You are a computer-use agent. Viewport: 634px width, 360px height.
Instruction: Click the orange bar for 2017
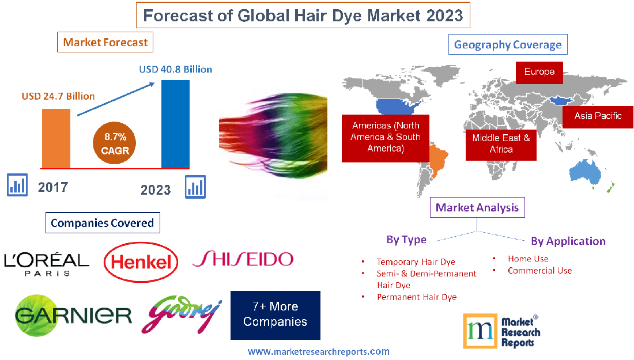pyautogui.click(x=56, y=138)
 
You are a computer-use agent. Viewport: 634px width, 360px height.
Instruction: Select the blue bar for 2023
pyautogui.click(x=175, y=124)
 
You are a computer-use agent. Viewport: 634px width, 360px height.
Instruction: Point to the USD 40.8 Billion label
pyautogui.click(x=176, y=69)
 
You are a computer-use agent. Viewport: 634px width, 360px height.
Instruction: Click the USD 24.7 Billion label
pyautogui.click(x=58, y=96)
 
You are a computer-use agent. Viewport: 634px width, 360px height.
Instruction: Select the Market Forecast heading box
pyautogui.click(x=105, y=42)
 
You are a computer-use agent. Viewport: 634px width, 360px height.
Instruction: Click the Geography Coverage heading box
pyautogui.click(x=508, y=44)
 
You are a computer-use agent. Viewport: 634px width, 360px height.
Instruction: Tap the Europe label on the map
pyautogui.click(x=539, y=72)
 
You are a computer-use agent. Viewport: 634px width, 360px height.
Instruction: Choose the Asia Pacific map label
pyautogui.click(x=598, y=116)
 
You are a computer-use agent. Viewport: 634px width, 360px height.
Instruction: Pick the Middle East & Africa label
pyautogui.click(x=501, y=143)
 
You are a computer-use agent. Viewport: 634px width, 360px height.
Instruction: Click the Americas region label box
pyautogui.click(x=386, y=137)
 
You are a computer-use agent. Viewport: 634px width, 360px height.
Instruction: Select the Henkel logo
pyautogui.click(x=141, y=263)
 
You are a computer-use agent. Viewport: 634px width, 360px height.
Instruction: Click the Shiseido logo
pyautogui.click(x=243, y=260)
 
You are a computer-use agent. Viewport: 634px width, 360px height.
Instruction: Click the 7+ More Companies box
pyautogui.click(x=275, y=314)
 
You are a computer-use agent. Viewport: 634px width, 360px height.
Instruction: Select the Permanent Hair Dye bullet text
pyautogui.click(x=417, y=297)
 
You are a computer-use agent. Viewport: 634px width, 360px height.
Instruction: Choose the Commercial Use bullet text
pyautogui.click(x=539, y=270)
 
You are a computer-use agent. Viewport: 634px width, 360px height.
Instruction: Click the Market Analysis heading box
pyautogui.click(x=478, y=207)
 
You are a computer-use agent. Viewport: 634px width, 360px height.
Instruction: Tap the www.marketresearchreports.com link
pyautogui.click(x=319, y=351)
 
